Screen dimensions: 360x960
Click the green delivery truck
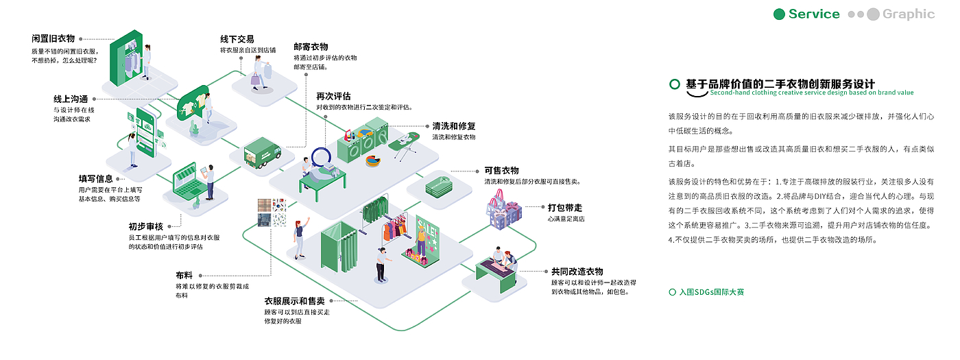[x=262, y=152]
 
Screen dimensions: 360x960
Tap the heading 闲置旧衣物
[x=53, y=38]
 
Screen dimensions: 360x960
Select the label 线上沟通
[x=71, y=99]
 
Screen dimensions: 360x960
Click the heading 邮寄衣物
[x=311, y=47]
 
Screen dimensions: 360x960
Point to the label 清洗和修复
[x=453, y=126]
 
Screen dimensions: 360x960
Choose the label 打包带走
[x=565, y=206]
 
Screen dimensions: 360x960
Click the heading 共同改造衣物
[x=577, y=271]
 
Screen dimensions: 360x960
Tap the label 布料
[x=184, y=275]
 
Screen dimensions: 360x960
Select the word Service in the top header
[x=813, y=14]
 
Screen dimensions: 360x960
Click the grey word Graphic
[x=909, y=14]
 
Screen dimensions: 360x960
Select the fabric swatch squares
[x=272, y=212]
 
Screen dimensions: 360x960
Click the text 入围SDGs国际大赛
[x=711, y=292]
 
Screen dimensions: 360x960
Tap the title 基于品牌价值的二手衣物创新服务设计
[x=780, y=84]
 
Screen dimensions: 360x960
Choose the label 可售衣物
[x=501, y=170]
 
